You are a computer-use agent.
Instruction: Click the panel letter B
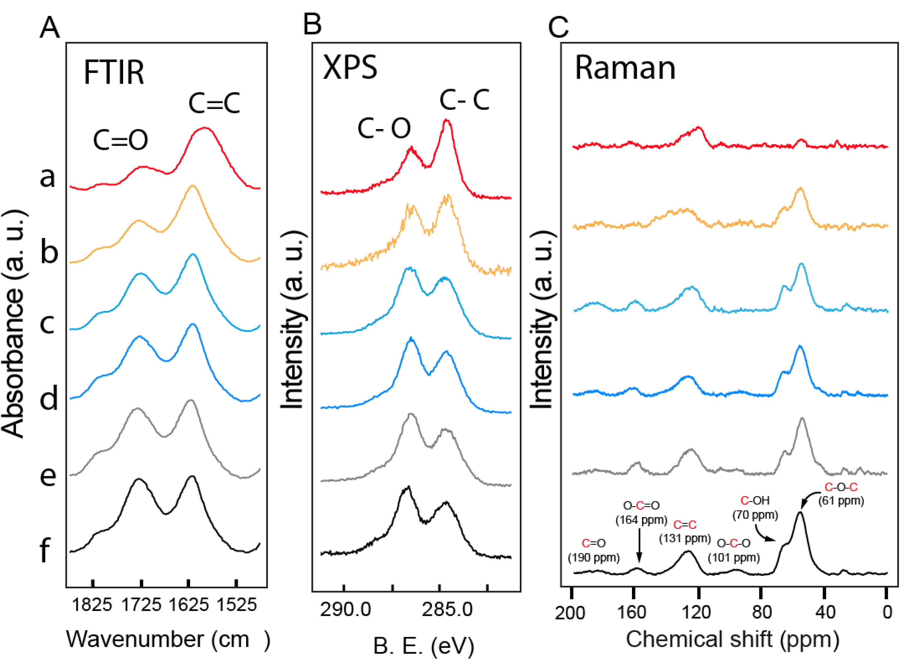[x=312, y=24]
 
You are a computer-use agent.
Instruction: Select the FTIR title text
[x=114, y=73]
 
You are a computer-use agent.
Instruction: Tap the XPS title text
[x=350, y=67]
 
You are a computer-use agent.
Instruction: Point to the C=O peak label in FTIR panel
[x=120, y=140]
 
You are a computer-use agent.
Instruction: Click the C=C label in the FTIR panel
[x=214, y=103]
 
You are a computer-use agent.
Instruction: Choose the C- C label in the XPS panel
[x=464, y=100]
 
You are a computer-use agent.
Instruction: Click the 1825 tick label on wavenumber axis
[x=92, y=605]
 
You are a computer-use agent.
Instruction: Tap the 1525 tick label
[x=237, y=605]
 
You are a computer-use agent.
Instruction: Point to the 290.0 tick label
[x=345, y=610]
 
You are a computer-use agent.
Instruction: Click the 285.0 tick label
[x=447, y=610]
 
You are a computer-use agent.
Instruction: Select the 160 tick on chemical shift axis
[x=632, y=612]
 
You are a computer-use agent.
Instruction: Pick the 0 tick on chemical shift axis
[x=887, y=612]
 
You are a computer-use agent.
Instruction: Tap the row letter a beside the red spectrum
[x=47, y=177]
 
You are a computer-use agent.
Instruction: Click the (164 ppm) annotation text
[x=641, y=520]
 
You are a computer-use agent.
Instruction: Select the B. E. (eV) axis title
[x=423, y=646]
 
